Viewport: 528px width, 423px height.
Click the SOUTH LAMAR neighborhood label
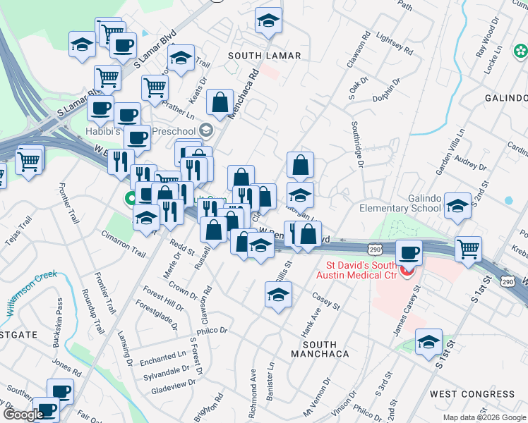[265, 55]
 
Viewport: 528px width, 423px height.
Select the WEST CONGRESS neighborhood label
[472, 393]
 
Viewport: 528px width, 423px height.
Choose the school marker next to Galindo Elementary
[457, 206]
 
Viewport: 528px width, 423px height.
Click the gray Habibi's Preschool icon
[206, 129]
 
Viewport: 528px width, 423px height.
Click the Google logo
[23, 414]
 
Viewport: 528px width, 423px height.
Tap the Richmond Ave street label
[253, 384]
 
